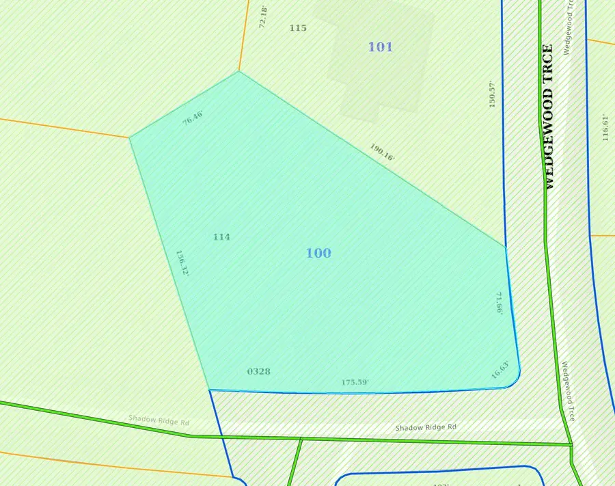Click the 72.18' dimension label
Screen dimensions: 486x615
coord(262,18)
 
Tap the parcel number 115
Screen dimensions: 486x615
coord(298,28)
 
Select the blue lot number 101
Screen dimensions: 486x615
coord(381,46)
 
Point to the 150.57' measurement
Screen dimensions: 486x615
coord(491,94)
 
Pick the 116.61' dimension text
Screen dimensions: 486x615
coord(605,127)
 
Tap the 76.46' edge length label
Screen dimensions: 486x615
coord(193,117)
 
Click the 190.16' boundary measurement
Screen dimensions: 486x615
coord(382,152)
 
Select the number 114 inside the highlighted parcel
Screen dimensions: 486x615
coord(221,237)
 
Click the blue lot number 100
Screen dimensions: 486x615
coord(318,253)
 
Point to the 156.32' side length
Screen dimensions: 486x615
coord(182,262)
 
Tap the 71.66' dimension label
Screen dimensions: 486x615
coord(500,303)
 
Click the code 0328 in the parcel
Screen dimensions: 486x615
coord(258,371)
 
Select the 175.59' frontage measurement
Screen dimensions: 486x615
coord(355,382)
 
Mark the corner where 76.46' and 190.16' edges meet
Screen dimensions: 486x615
coord(238,71)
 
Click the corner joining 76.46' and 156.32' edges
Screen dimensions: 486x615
coord(130,137)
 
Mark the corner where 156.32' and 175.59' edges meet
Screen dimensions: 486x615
coord(209,390)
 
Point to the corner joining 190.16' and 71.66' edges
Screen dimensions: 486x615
coord(506,247)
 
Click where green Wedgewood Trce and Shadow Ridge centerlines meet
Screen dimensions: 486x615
coord(571,444)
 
